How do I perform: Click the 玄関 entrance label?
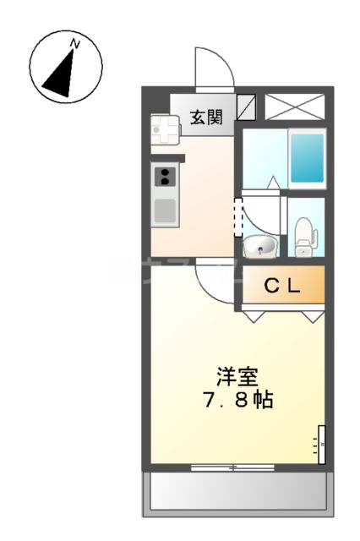pos(205,117)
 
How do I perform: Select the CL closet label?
pos(282,287)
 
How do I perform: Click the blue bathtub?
pos(306,158)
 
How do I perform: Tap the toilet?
pos(304,237)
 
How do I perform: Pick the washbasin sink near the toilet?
pos(260,247)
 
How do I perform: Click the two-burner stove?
pos(165,177)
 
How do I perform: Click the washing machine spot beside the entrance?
pos(166,129)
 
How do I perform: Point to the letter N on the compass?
pos(75,43)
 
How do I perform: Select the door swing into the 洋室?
pos(211,283)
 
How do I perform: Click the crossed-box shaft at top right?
pos(294,107)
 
